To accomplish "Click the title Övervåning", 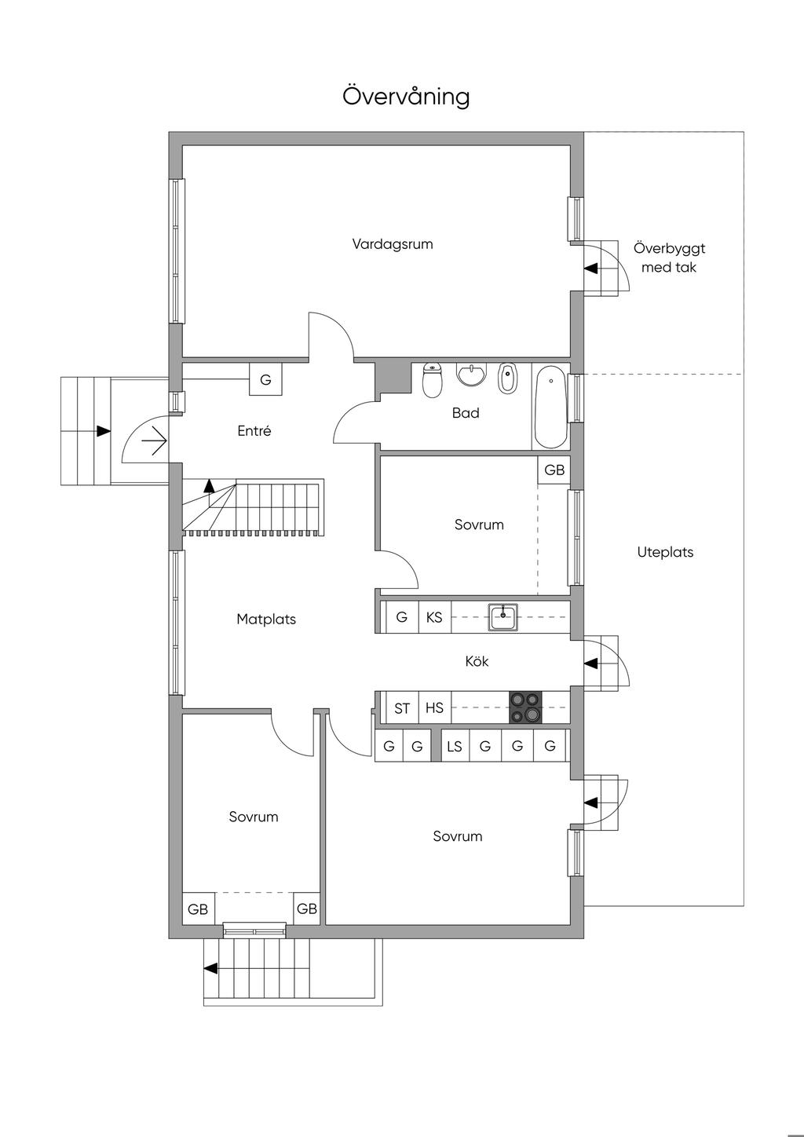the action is click(406, 96).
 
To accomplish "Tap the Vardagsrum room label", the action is click(393, 243).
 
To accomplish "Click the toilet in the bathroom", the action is click(432, 380).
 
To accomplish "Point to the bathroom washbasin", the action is click(472, 375).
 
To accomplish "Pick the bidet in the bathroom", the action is click(506, 378).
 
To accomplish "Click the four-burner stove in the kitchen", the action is click(525, 707).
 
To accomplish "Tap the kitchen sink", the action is click(503, 616).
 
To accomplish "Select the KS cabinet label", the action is click(434, 617).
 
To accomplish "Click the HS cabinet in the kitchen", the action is click(434, 707).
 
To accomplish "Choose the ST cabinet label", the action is click(402, 708).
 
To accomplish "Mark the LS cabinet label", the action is click(455, 746).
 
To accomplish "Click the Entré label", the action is click(254, 430).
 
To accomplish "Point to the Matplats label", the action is click(266, 620).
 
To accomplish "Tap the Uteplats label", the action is click(665, 552).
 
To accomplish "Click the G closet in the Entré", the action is click(265, 379).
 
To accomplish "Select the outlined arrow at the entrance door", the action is click(155, 440).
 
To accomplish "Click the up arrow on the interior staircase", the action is click(209, 486).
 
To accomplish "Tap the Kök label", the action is click(477, 661).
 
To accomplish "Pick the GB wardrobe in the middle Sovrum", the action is click(554, 470).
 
